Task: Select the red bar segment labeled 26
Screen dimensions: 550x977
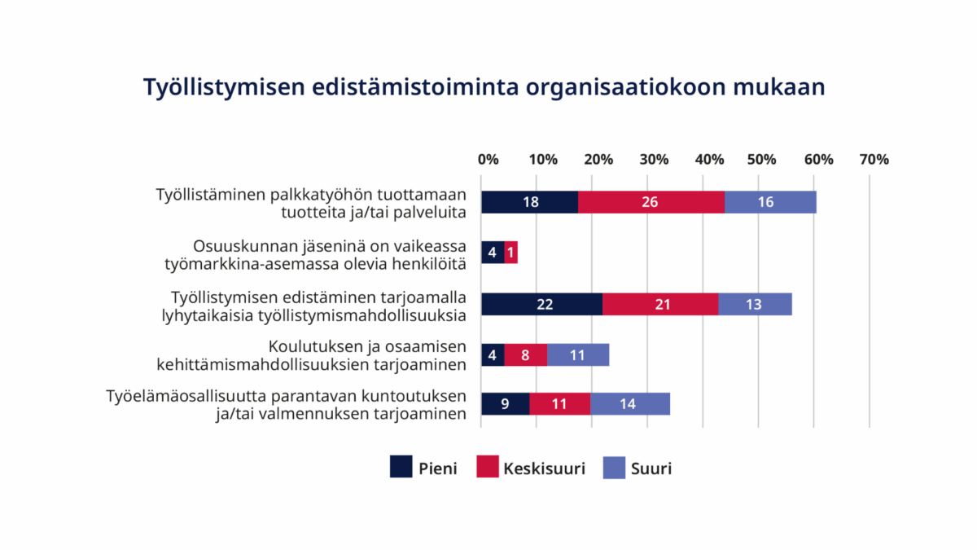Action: [x=651, y=202]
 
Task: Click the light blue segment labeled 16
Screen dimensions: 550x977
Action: [x=770, y=202]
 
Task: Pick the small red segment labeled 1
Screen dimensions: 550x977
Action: [x=511, y=253]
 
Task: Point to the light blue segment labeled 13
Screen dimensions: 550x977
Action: [x=755, y=303]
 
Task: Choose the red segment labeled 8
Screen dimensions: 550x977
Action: [x=525, y=354]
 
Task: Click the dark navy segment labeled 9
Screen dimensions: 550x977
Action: [x=505, y=404]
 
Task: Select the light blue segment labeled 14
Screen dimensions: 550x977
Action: [x=630, y=404]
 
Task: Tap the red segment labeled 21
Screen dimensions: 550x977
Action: [x=660, y=303]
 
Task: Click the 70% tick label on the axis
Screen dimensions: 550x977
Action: [x=874, y=160]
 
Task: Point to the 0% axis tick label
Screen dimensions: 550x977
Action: [x=488, y=160]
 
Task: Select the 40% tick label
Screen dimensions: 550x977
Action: [x=709, y=160]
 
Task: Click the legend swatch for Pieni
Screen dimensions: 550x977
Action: [x=401, y=468]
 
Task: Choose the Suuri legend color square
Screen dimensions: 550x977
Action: [x=614, y=468]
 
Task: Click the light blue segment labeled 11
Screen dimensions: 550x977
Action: [x=578, y=354]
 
